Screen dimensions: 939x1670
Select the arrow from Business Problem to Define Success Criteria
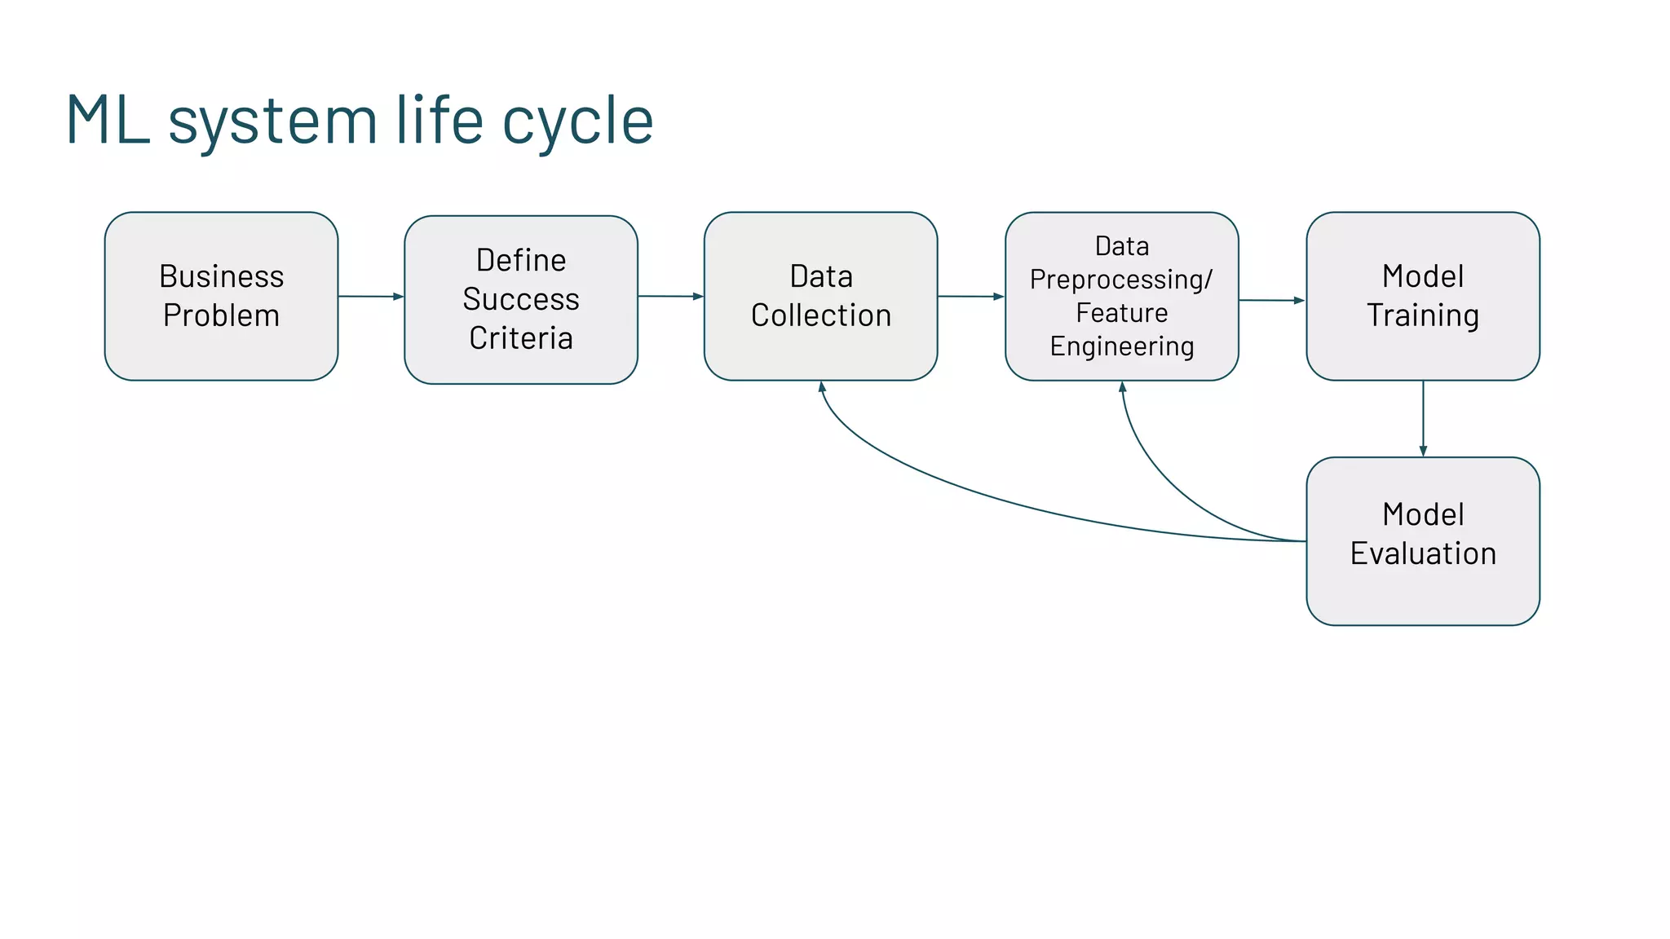point(370,296)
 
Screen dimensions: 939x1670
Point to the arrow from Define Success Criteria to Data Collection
point(670,296)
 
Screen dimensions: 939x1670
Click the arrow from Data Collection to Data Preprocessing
point(970,296)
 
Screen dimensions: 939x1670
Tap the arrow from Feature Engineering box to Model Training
point(1271,300)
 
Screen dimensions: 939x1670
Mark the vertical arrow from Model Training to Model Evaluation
point(1423,417)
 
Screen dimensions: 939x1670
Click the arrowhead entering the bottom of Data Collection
point(822,388)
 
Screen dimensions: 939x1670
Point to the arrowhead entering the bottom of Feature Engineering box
point(1122,388)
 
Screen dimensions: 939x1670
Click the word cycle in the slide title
point(577,121)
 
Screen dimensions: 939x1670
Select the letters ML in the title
point(108,120)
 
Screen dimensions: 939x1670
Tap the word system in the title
point(272,121)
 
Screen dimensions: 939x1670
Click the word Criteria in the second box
point(521,338)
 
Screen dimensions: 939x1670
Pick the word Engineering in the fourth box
point(1121,346)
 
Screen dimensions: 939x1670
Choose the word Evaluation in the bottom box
point(1423,553)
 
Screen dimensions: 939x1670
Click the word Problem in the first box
point(221,315)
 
